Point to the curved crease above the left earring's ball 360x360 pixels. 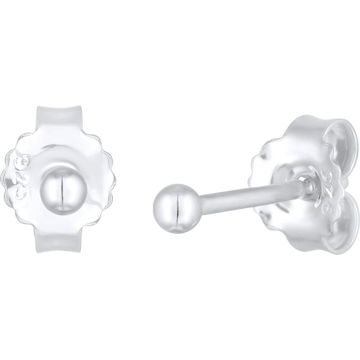coord(60,147)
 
